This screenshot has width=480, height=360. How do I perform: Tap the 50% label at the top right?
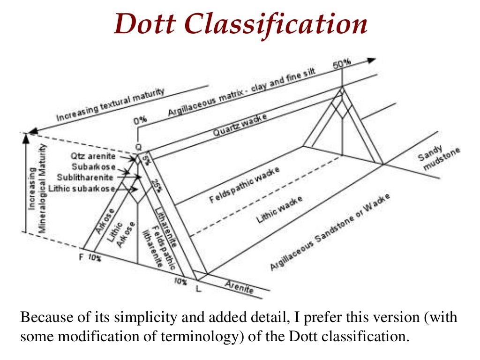(341, 65)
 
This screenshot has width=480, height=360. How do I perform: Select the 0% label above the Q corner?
(140, 120)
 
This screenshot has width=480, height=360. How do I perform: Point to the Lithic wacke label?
(279, 209)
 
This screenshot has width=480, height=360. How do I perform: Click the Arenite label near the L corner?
(239, 286)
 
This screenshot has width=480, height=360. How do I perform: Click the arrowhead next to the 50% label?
(371, 60)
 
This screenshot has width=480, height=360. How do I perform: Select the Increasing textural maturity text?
(111, 105)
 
